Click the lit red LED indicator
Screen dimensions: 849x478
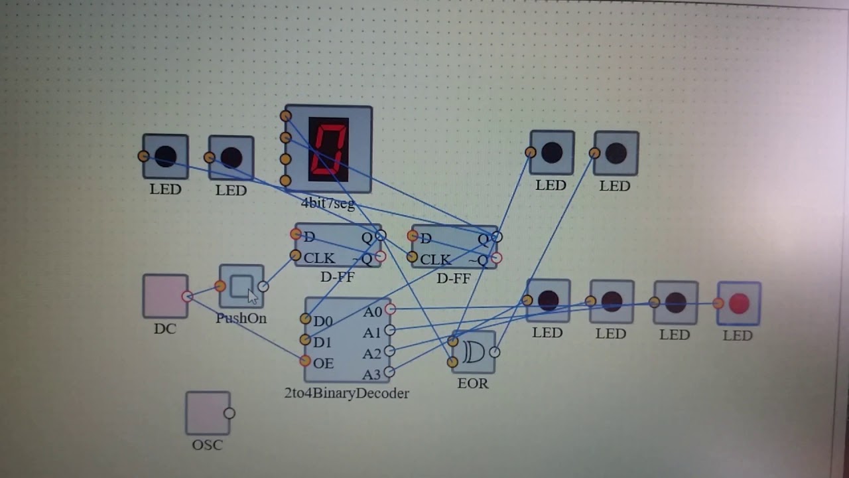[739, 303]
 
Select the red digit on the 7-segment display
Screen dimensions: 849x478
[328, 149]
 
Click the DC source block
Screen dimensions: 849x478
[165, 296]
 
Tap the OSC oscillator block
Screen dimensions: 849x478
[208, 413]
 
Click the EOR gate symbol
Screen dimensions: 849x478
[474, 352]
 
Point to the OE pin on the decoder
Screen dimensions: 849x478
[305, 360]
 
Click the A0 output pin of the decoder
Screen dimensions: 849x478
[391, 309]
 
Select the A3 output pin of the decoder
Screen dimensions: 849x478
[389, 372]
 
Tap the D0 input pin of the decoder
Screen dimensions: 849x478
[306, 319]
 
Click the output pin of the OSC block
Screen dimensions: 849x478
[229, 413]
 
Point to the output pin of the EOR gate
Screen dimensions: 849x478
[494, 353]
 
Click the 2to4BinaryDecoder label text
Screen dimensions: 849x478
[346, 394]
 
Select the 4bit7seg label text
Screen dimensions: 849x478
[328, 204]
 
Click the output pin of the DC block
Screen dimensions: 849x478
[187, 296]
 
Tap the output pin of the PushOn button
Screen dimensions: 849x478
[263, 286]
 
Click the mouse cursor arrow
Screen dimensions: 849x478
[253, 297]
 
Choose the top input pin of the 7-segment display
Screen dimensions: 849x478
[286, 116]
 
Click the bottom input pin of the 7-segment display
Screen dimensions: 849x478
[285, 181]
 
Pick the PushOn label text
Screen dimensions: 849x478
[241, 318]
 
